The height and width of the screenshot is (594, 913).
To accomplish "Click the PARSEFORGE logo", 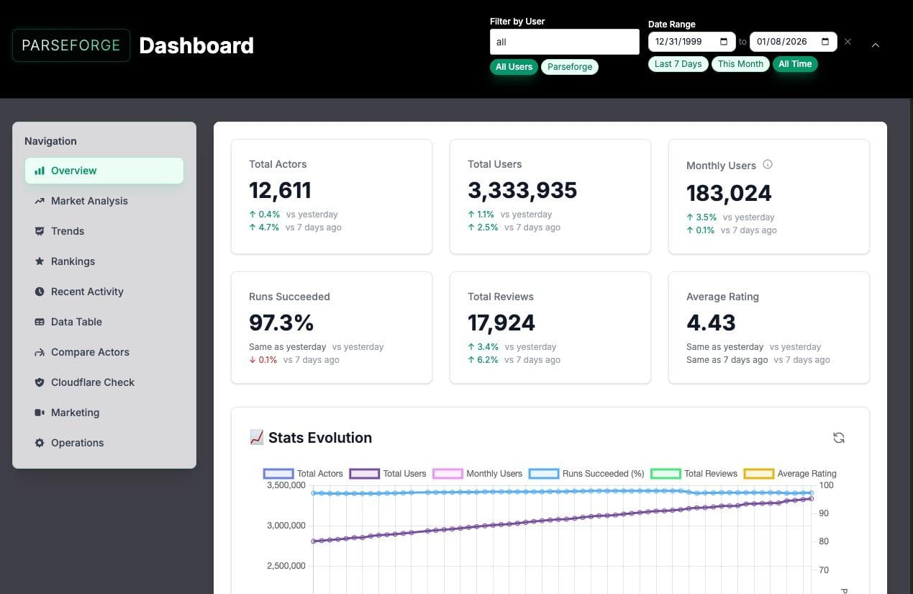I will pos(71,45).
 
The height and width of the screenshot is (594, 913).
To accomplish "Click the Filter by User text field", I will pos(564,42).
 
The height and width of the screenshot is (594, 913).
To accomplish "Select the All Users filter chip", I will pos(514,67).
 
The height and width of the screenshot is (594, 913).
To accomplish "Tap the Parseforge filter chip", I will pos(569,67).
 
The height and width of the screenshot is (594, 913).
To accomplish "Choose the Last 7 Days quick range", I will pos(678,64).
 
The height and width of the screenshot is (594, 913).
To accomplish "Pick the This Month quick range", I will pos(740,64).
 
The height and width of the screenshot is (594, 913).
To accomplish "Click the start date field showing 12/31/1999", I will pos(691,42).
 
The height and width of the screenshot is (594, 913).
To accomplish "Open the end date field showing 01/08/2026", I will pos(792,42).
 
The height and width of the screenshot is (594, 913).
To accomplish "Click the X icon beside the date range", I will pos(848,42).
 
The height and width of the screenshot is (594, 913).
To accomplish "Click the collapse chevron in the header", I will pos(876,45).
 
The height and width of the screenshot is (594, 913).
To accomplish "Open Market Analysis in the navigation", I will pos(89,201).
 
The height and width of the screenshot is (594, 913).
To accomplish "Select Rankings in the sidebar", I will pos(73,261).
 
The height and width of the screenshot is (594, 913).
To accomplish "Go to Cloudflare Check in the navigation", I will pos(92,382).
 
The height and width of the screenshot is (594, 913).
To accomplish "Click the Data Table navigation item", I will pos(76,322).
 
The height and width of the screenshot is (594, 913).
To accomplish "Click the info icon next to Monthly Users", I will pos(768,165).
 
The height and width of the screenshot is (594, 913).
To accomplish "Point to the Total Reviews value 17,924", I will pos(501,323).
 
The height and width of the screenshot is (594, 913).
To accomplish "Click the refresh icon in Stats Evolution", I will pos(838,438).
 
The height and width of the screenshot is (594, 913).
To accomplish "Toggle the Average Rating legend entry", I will pos(790,474).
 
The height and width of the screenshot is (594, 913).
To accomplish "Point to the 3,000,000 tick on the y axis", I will pos(286,526).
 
